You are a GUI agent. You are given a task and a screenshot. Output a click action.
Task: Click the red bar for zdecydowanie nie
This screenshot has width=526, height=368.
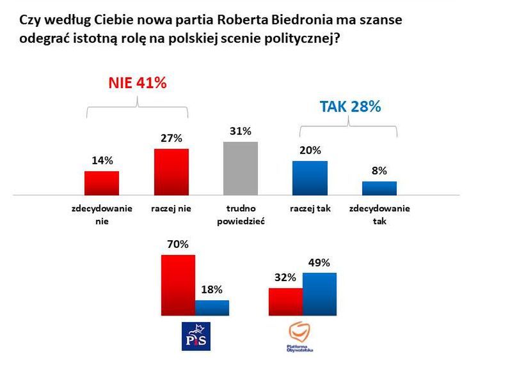click(102, 182)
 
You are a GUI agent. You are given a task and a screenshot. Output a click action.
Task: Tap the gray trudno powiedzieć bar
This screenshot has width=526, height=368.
click(240, 167)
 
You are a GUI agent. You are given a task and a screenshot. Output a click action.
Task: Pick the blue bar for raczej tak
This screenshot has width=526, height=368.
click(310, 177)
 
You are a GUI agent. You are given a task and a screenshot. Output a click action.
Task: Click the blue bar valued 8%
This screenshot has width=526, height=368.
click(379, 187)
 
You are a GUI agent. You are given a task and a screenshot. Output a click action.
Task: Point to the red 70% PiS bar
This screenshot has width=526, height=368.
click(178, 284)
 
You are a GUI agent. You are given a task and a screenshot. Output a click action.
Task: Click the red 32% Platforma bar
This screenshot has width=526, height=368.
click(285, 302)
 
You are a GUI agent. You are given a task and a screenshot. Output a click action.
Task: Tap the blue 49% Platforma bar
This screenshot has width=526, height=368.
click(319, 294)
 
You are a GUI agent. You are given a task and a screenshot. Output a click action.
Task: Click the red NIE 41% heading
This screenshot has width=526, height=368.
click(137, 83)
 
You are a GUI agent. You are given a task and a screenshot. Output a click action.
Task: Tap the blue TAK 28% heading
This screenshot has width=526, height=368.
click(350, 107)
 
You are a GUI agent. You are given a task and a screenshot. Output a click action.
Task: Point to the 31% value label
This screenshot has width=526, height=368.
click(240, 131)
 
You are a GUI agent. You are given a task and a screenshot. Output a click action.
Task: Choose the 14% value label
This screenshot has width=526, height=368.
click(102, 161)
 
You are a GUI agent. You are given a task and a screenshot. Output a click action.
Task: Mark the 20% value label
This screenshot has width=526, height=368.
click(310, 150)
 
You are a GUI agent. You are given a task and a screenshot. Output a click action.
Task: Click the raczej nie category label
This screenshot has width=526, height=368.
click(172, 208)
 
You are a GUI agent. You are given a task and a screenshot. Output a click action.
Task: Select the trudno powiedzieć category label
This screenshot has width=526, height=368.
click(241, 215)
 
